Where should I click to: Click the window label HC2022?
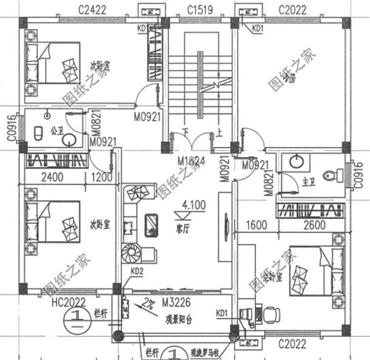pos(68,302)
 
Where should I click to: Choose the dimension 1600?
pos(257,225)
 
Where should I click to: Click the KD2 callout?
pos(136,271)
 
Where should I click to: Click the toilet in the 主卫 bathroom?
pos(329,175)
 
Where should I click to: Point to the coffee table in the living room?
pos(152,225)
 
